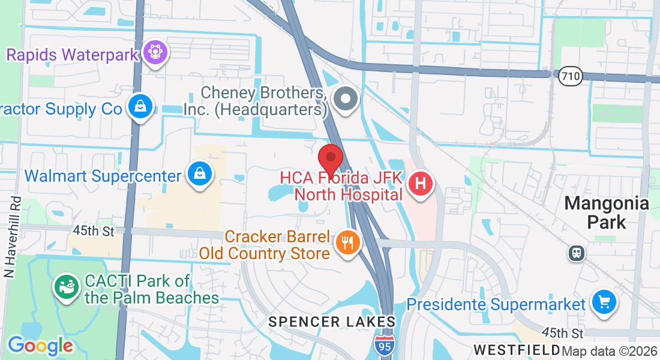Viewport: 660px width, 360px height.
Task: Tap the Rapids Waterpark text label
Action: pos(73,55)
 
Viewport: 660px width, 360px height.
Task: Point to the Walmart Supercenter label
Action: pos(103,176)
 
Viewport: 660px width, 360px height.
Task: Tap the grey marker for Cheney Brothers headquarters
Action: pos(346,98)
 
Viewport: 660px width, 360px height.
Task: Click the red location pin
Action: pos(330,160)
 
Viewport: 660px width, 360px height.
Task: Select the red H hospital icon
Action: pos(421,182)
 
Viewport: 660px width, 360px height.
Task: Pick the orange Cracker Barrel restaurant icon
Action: pos(347,243)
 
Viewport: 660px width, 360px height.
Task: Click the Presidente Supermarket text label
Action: pos(496,305)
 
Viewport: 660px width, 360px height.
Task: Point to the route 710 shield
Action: pos(569,76)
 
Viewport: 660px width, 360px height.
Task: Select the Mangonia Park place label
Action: pos(606,212)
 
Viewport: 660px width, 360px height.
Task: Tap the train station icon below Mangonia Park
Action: pos(576,253)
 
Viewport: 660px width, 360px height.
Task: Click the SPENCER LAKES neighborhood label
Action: pos(332,322)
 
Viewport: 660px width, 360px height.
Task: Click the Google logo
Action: pos(40,345)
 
